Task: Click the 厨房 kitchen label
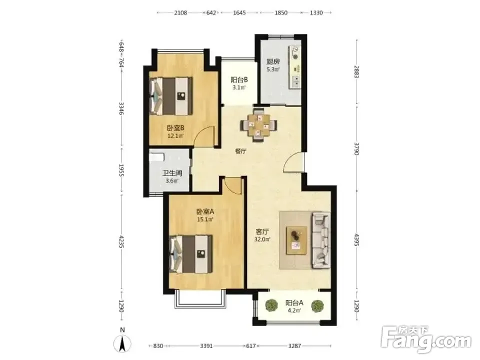[x=272, y=61]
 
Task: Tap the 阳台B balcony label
[x=239, y=80]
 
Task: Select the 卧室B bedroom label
[x=175, y=127]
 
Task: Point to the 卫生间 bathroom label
[x=172, y=173]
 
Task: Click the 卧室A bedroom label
[x=205, y=211]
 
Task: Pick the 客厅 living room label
[x=262, y=231]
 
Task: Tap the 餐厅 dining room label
[x=240, y=151]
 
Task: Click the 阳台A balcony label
[x=294, y=303]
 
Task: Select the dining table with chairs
[x=259, y=125]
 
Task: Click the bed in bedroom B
[x=171, y=96]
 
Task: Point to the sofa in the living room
[x=321, y=240]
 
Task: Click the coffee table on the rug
[x=296, y=240]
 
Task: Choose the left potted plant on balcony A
[x=271, y=305]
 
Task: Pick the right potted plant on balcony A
[x=317, y=306]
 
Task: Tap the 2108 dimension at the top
[x=180, y=13]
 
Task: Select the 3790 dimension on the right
[x=356, y=148]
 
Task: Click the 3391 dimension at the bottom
[x=206, y=346]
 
